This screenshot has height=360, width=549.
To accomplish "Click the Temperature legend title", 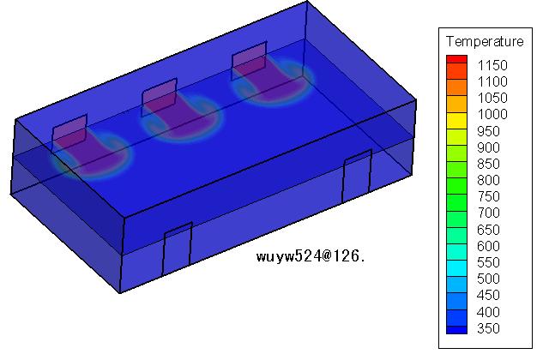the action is click(485, 42).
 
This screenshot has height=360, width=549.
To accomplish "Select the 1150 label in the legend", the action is click(492, 65).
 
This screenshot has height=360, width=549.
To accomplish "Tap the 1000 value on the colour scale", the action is click(492, 114).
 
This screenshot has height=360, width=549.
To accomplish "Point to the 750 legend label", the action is click(488, 196).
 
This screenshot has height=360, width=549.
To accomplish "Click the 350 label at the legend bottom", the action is click(488, 328).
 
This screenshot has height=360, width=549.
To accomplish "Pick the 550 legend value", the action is click(488, 262).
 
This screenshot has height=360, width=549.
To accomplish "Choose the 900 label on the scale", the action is click(488, 147).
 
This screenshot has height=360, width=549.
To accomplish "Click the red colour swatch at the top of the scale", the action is click(456, 59).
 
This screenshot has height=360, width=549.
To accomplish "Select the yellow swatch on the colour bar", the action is click(456, 121).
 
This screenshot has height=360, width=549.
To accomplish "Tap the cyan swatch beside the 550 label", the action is click(456, 268).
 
